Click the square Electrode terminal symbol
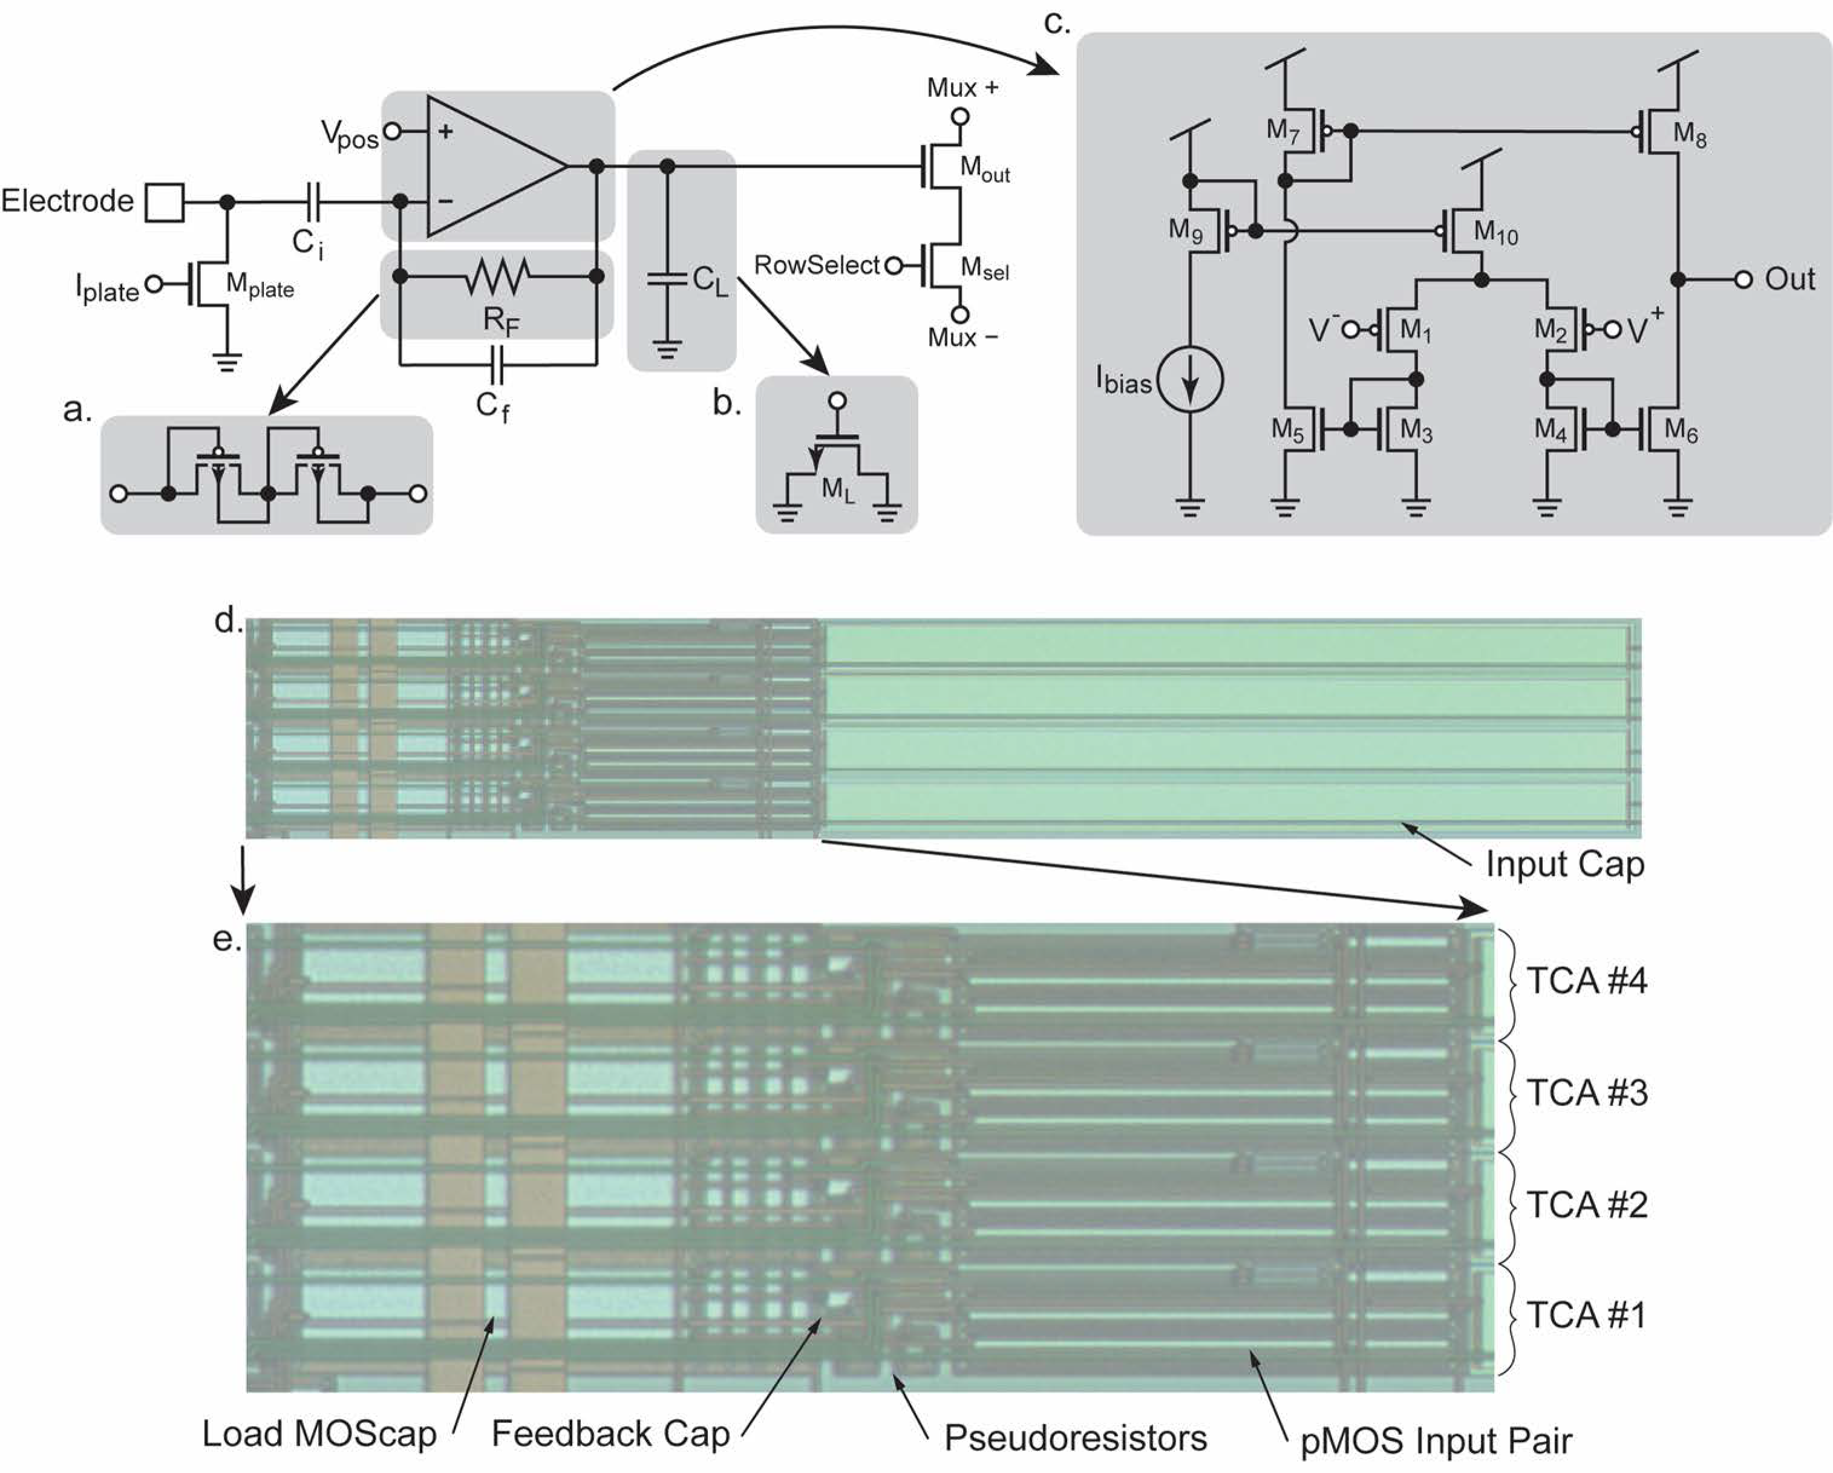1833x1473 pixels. tap(164, 203)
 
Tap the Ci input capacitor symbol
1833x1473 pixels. tap(312, 203)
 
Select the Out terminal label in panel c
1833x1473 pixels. tap(1789, 279)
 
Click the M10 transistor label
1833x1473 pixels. tap(1495, 232)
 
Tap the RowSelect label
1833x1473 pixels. tap(816, 265)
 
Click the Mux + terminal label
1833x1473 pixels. tap(961, 88)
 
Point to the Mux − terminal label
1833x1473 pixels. tap(961, 337)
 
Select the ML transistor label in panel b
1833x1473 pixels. tap(837, 490)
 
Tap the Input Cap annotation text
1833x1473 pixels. tap(1564, 865)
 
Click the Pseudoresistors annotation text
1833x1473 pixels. tap(1076, 1438)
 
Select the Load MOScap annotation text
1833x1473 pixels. tap(319, 1434)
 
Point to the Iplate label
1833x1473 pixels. tap(107, 289)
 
